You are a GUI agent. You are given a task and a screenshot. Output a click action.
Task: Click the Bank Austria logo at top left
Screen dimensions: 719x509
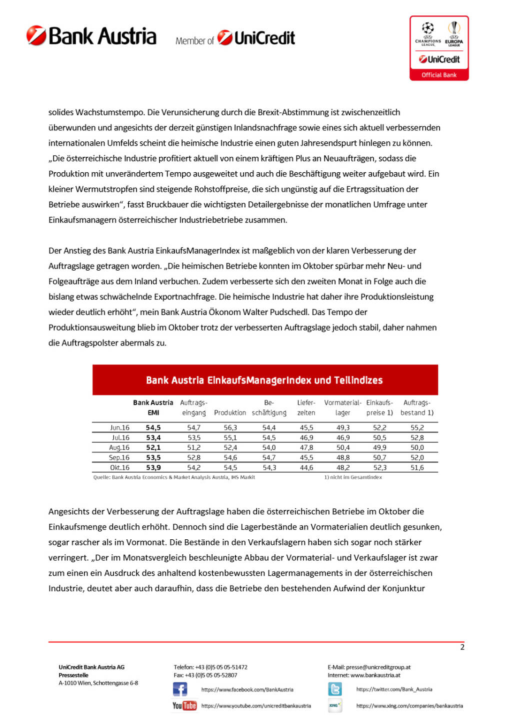(91, 36)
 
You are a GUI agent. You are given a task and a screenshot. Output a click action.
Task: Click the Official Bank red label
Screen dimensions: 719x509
(438, 75)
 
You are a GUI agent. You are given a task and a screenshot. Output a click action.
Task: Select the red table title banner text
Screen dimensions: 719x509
(264, 380)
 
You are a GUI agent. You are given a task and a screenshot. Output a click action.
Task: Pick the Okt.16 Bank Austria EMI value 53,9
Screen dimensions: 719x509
(153, 468)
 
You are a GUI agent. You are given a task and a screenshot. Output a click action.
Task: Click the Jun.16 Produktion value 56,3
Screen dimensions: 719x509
(230, 428)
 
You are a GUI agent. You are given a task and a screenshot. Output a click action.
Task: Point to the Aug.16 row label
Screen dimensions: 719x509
(119, 448)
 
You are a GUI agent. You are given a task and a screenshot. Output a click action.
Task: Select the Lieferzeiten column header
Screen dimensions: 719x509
(306, 407)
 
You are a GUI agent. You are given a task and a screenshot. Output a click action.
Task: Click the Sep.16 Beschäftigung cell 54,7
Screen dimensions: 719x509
(269, 458)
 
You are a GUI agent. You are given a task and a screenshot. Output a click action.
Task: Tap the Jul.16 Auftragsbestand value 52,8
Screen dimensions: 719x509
(417, 438)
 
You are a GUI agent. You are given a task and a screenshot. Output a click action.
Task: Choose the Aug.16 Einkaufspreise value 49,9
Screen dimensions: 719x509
(379, 448)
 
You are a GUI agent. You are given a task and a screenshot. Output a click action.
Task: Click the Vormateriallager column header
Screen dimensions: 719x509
(342, 407)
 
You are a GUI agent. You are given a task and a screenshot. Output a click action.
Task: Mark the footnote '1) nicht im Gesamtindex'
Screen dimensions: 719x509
(353, 477)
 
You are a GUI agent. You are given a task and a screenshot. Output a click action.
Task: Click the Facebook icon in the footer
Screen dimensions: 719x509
(180, 690)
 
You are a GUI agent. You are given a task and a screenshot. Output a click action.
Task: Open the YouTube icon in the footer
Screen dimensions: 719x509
(184, 706)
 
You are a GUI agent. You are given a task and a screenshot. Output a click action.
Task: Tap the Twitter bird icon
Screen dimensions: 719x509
(335, 690)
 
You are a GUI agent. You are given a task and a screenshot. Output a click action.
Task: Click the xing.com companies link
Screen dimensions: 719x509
(409, 706)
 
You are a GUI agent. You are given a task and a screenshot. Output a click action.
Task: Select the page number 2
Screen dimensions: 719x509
(462, 647)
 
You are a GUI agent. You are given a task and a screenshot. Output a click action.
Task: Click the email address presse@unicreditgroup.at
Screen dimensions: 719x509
(378, 667)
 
